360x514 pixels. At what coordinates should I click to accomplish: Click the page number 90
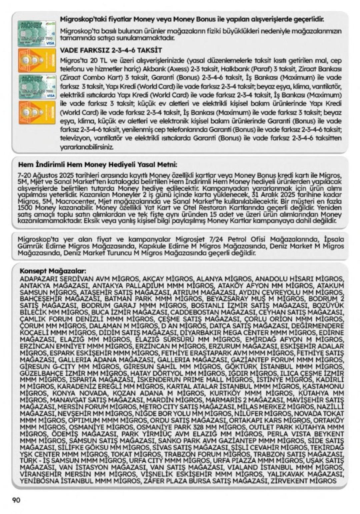[16, 500]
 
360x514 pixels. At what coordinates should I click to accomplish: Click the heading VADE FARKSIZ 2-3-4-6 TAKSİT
[111, 50]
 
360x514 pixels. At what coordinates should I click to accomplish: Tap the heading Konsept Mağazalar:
[53, 271]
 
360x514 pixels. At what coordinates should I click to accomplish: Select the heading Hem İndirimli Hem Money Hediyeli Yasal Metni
[97, 165]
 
